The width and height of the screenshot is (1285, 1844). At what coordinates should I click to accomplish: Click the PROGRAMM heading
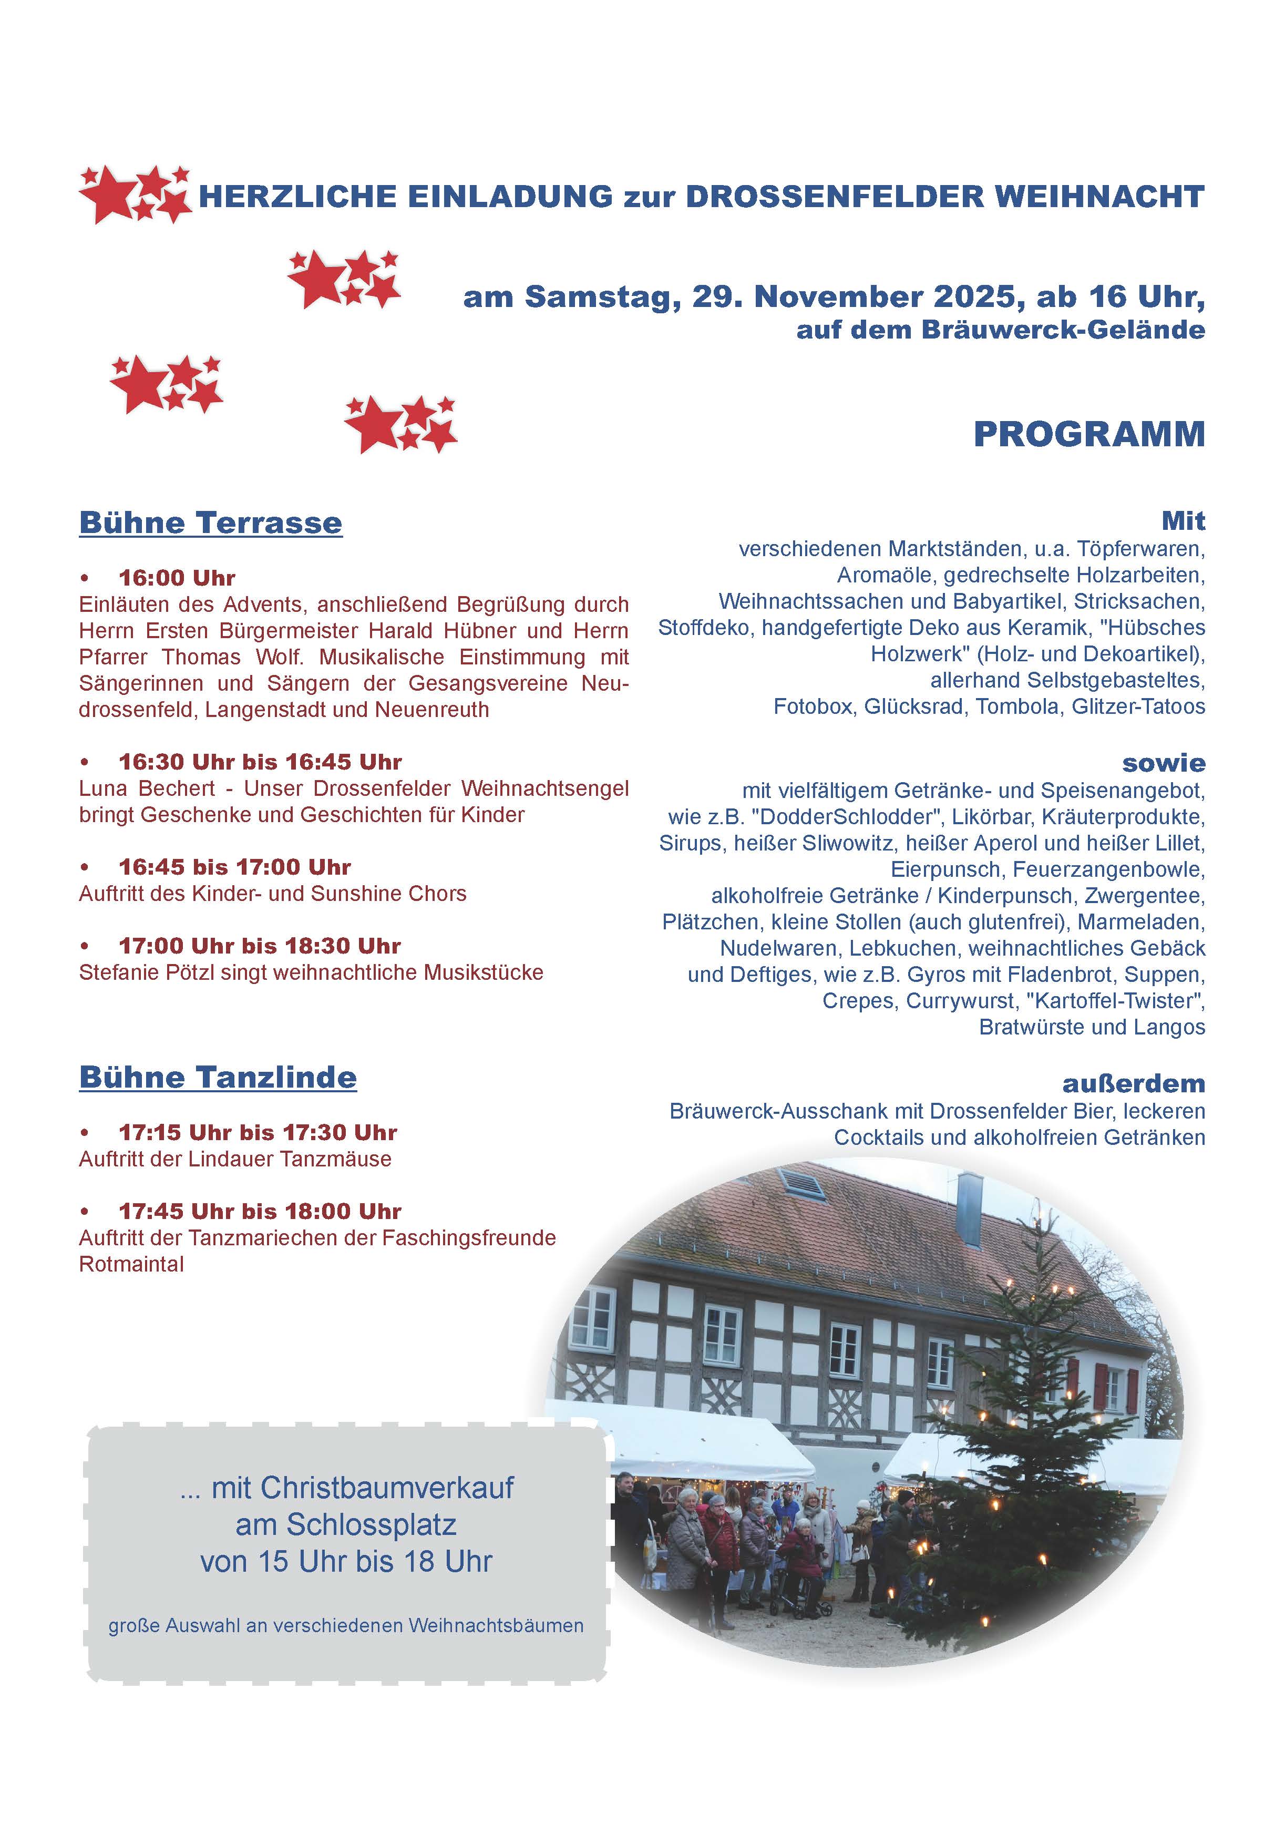point(1088,435)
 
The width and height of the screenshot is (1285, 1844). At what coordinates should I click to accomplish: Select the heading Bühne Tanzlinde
point(218,1077)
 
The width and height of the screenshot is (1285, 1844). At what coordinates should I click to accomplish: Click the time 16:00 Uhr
point(177,578)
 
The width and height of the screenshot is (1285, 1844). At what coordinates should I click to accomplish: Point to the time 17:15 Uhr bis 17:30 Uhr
point(258,1132)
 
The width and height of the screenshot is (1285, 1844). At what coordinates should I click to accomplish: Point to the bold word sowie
point(1163,762)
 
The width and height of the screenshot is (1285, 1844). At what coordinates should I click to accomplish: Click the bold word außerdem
point(1133,1083)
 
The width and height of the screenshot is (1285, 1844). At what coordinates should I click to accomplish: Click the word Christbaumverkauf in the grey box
point(362,1488)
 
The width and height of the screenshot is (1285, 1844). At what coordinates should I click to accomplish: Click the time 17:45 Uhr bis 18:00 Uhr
point(260,1211)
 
